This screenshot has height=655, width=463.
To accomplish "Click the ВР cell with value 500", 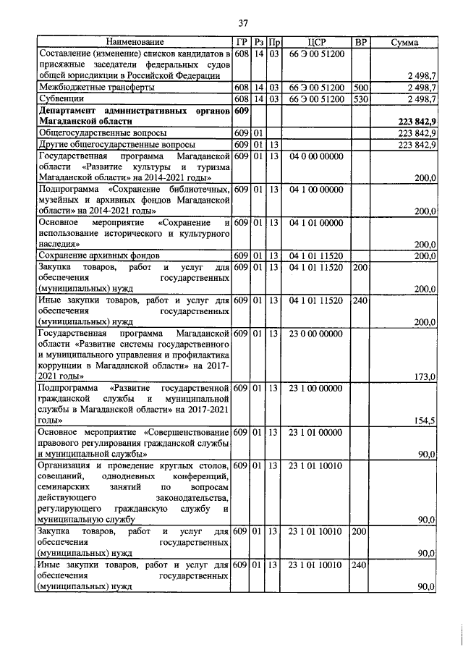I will [360, 87].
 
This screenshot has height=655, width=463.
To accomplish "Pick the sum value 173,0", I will [424, 377].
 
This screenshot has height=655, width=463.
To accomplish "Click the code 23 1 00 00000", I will [317, 389].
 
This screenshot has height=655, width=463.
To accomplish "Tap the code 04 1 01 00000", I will [317, 223].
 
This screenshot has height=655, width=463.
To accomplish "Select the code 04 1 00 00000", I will [317, 190].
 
